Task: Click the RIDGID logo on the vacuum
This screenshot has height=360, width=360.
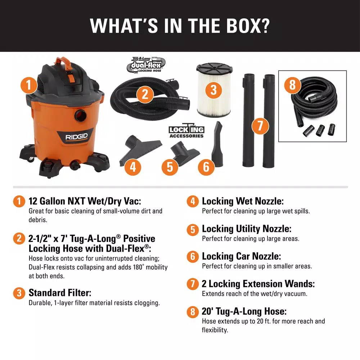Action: pos(74,137)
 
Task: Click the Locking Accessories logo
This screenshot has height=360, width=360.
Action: pos(186,132)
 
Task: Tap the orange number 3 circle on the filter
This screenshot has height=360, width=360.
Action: pos(214,90)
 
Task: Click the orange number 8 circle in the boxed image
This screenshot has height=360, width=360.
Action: pos(292,85)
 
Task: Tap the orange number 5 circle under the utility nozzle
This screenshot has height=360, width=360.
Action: pos(170,167)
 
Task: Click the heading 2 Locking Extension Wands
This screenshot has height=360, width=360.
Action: pos(258,284)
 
